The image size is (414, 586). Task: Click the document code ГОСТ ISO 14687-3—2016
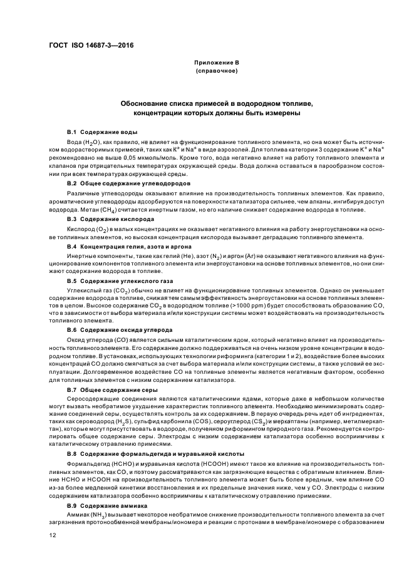click(91, 46)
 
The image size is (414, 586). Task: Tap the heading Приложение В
click(215, 63)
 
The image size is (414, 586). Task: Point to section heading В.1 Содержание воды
click(102, 132)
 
